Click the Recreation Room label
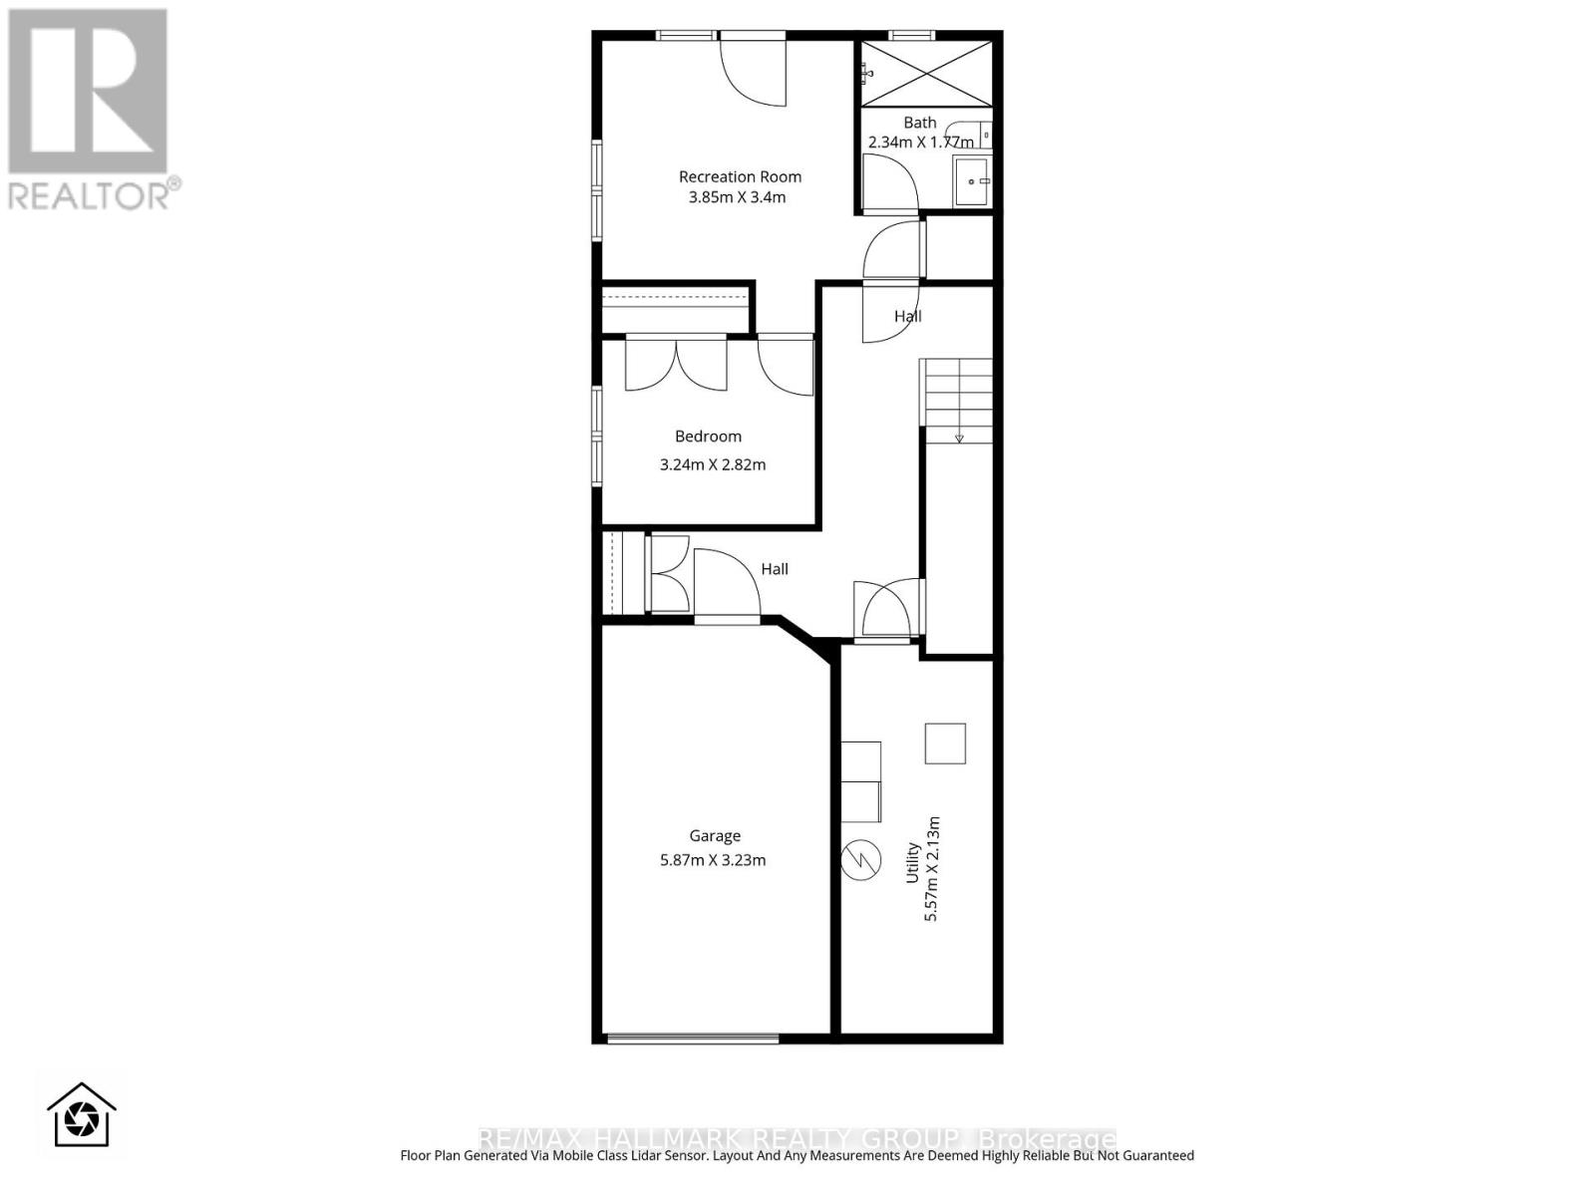[740, 176]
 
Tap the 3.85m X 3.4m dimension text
[737, 197]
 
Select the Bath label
[919, 123]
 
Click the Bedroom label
[708, 437]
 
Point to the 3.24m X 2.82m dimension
[712, 464]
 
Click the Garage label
[715, 836]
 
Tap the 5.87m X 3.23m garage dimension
[712, 860]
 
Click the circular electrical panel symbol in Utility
[861, 860]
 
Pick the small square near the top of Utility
[944, 744]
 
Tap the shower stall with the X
[927, 73]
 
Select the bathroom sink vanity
[972, 181]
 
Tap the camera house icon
[82, 1115]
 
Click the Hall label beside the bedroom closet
[775, 569]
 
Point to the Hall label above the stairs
[907, 316]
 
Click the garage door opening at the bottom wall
[693, 1039]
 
